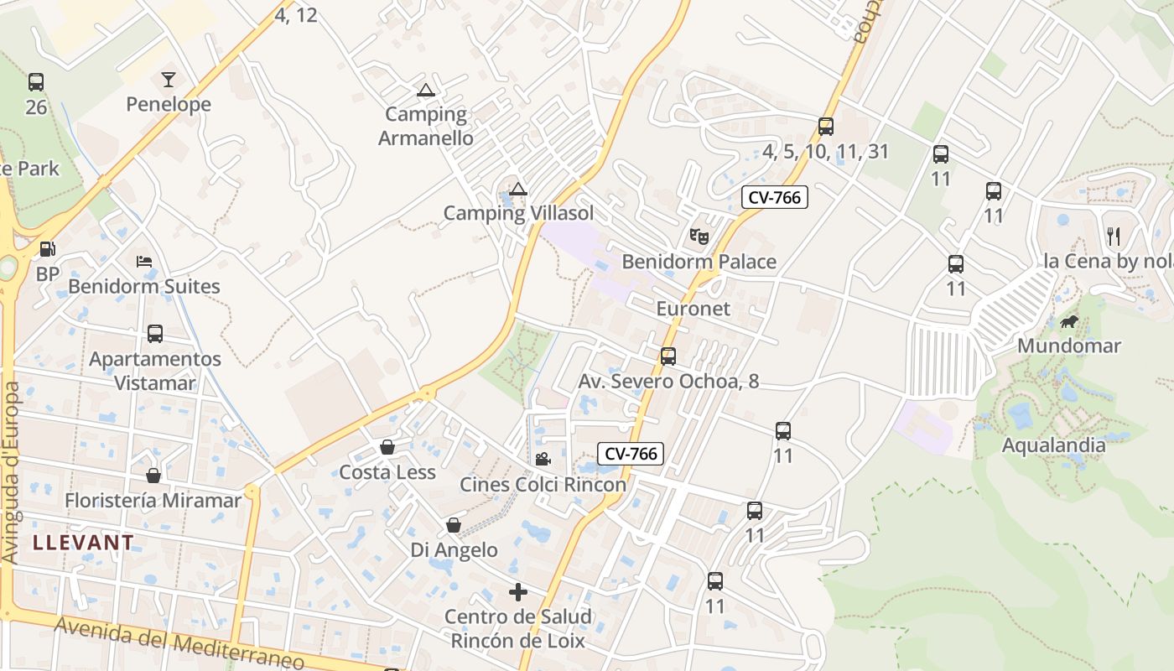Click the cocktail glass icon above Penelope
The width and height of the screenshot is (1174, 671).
[x=169, y=80]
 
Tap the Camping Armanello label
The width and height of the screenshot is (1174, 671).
[x=426, y=126]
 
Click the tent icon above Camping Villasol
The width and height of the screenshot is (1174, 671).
[x=518, y=189]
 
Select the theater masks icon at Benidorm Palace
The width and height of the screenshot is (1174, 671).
[x=699, y=237]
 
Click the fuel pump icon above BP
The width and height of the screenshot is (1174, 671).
[x=48, y=249]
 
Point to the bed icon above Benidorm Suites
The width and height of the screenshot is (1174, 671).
[x=144, y=261]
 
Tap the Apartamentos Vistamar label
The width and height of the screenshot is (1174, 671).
[x=155, y=371]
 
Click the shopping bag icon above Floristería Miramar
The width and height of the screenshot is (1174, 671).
[x=153, y=476]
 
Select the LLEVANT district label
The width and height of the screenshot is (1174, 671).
[x=83, y=543]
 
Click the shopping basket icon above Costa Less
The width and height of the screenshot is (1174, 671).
[x=387, y=447]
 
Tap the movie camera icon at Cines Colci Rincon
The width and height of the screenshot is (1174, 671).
[x=543, y=459]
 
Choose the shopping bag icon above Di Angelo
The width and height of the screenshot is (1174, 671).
[x=454, y=525]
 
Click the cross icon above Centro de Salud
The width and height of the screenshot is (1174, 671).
[x=518, y=592]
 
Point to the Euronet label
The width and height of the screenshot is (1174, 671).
[x=693, y=309]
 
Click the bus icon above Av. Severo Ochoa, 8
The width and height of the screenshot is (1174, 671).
[x=668, y=356]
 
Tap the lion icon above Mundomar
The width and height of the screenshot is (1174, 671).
[x=1068, y=321]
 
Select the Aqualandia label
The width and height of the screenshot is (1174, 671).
[x=1054, y=445]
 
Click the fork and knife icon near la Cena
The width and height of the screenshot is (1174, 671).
[x=1114, y=236]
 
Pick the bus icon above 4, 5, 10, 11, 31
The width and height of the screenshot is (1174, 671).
[x=826, y=127]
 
